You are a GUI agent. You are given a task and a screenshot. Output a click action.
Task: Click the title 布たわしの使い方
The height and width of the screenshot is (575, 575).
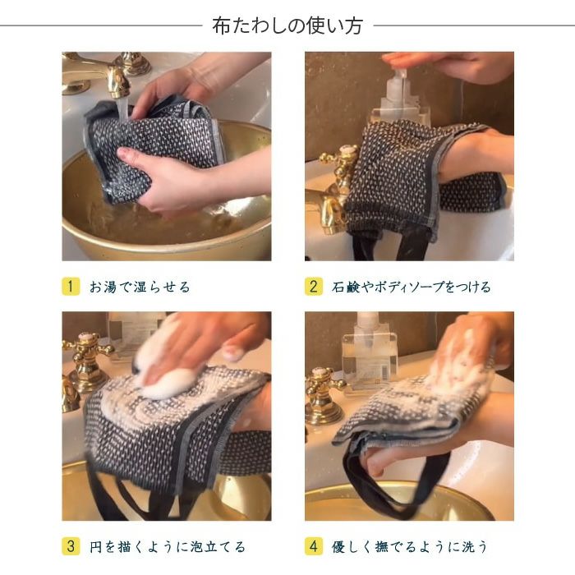click(287, 25)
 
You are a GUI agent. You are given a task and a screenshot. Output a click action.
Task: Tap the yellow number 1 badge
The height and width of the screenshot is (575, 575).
click(71, 287)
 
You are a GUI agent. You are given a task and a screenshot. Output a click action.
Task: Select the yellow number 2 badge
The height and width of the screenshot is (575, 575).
click(314, 287)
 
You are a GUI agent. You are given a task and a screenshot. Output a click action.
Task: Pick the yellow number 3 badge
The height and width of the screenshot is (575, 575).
click(71, 545)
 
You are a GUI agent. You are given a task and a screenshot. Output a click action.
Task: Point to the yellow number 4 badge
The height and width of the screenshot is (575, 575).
click(314, 545)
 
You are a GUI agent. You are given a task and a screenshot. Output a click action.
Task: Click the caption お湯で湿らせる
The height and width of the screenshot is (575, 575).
click(140, 287)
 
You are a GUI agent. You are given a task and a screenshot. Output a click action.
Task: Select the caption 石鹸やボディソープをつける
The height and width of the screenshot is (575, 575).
click(411, 287)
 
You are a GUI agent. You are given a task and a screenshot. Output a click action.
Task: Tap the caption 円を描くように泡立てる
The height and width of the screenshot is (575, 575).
click(168, 545)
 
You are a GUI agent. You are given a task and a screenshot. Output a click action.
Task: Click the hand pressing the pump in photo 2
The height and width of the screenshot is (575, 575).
click(444, 64)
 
